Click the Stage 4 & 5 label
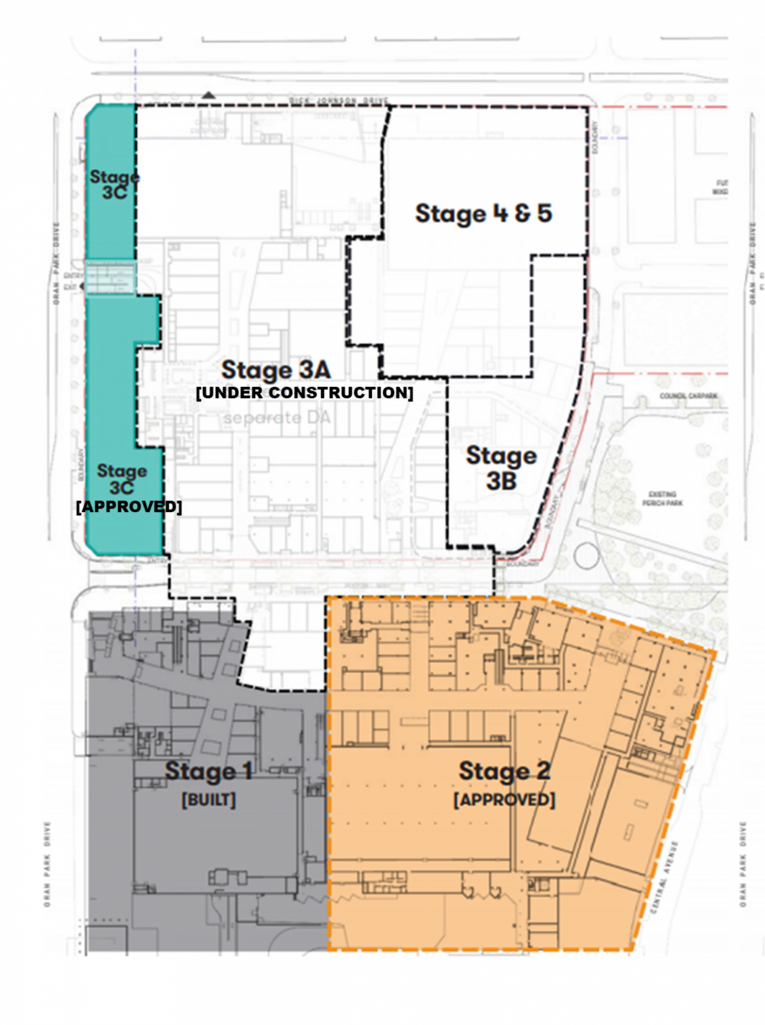click(x=483, y=214)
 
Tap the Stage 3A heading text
click(x=276, y=371)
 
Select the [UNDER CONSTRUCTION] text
click(x=304, y=393)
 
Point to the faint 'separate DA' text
click(x=277, y=417)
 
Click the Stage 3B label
click(x=501, y=468)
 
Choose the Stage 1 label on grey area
click(x=208, y=771)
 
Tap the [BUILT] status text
click(x=208, y=799)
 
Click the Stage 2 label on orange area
click(x=504, y=771)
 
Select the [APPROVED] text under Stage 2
click(x=504, y=799)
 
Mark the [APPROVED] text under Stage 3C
click(x=129, y=506)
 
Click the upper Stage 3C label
click(x=114, y=184)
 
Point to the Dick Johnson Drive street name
click(x=338, y=101)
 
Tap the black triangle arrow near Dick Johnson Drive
click(x=208, y=95)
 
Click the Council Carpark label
click(x=688, y=396)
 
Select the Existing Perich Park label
click(x=662, y=498)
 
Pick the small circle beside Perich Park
click(x=586, y=556)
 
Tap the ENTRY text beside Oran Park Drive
click(x=73, y=276)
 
